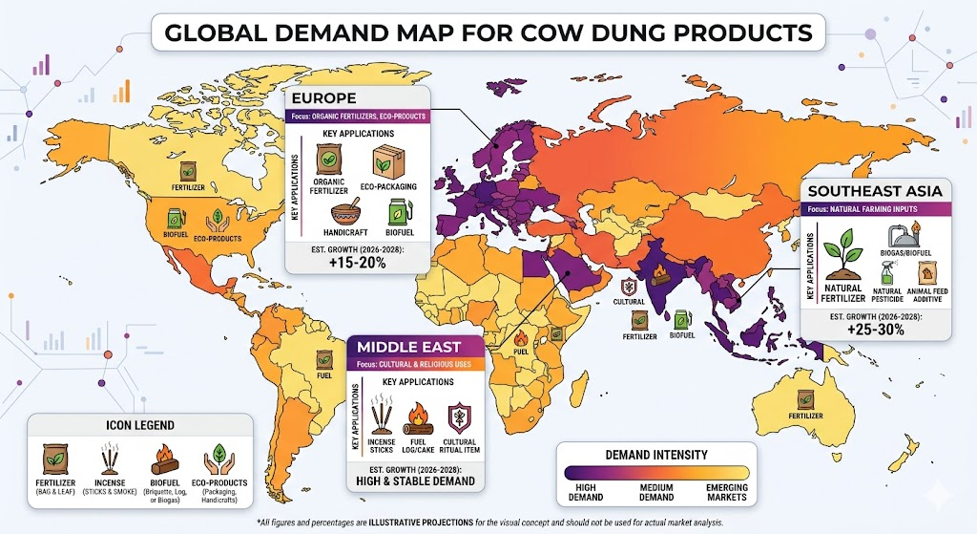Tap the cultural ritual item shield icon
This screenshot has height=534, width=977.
459,417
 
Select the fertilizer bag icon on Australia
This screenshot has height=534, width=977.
805,398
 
